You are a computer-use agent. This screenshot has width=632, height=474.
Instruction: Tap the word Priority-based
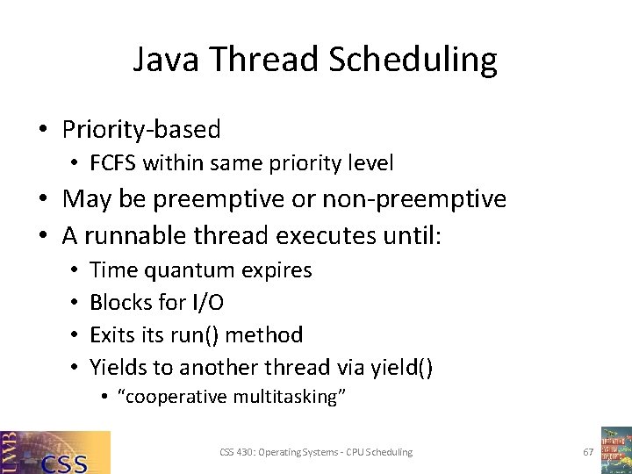[x=141, y=130]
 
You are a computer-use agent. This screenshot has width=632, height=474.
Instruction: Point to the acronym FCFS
[x=113, y=163]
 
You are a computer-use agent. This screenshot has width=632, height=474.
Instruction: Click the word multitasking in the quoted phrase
[x=289, y=398]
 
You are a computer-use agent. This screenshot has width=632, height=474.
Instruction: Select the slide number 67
[x=588, y=452]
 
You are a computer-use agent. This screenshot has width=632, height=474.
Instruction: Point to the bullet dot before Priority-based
[x=42, y=131]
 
